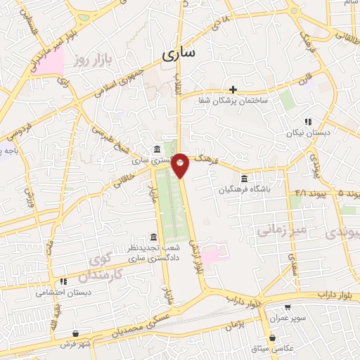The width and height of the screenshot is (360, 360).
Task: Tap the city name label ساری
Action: click(181, 53)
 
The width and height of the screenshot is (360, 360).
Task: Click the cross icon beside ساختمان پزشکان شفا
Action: click(233, 89)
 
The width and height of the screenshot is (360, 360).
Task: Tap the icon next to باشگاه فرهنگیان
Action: click(244, 178)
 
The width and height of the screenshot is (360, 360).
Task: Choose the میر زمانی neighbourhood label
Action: click(281, 229)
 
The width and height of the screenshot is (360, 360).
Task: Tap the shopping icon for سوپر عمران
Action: click(288, 307)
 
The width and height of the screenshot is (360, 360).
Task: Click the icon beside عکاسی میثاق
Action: click(272, 337)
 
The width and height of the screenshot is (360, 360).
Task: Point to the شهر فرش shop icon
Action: click(76, 333)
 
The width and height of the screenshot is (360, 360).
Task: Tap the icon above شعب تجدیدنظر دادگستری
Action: click(154, 237)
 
